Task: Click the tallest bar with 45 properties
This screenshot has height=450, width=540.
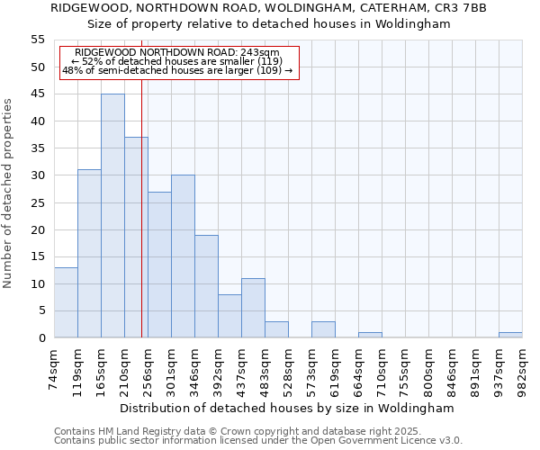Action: coord(112,216)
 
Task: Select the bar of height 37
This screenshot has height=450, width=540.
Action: coord(136,238)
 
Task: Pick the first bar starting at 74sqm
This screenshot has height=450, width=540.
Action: coord(66,302)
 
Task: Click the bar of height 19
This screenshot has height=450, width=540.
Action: coord(206,286)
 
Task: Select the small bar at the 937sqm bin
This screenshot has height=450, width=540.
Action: coord(510,335)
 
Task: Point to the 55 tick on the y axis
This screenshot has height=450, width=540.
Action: coord(38,40)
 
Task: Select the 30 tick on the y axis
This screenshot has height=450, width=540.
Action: coord(38,175)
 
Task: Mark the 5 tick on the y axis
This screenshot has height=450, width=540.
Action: coord(40,311)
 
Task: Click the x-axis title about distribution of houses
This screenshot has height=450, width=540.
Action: coord(287,408)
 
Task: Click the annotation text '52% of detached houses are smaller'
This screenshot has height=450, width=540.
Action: coord(176,61)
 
